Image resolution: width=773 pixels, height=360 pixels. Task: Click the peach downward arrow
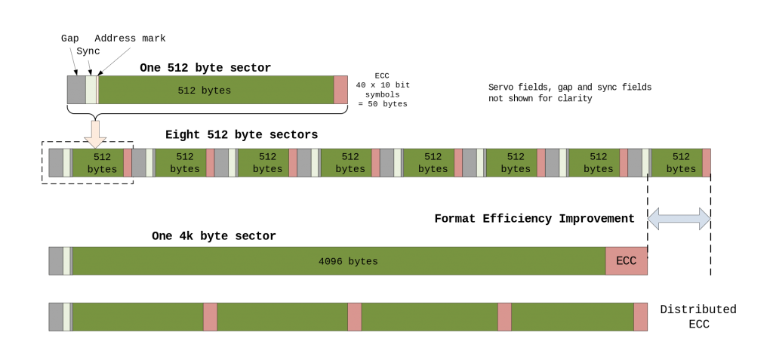95,133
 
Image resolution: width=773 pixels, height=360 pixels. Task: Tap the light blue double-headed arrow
679,219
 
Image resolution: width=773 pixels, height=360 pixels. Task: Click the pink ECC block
627,261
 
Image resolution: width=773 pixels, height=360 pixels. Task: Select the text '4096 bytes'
348,262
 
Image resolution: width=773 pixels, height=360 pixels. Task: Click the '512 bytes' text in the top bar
204,91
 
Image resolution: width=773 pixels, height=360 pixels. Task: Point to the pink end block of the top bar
340,90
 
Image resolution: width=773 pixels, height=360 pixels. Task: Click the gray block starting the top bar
76,90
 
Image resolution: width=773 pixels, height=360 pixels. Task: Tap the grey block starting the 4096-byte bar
56,261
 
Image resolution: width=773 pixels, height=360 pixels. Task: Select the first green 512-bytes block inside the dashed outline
98,163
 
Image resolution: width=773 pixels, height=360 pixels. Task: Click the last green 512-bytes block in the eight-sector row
677,163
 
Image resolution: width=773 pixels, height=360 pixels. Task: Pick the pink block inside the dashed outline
128,163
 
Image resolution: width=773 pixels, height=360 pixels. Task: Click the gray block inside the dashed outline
56,163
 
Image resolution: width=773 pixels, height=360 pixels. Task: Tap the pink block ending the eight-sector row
707,163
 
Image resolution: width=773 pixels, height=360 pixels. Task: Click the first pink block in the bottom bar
210,317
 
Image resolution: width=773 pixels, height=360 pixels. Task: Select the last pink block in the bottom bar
641,317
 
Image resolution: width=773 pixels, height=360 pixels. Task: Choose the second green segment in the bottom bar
282,317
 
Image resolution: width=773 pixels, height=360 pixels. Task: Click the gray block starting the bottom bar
56,317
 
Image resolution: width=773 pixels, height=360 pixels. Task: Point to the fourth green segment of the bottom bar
572,317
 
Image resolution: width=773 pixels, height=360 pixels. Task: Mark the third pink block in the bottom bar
504,317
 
